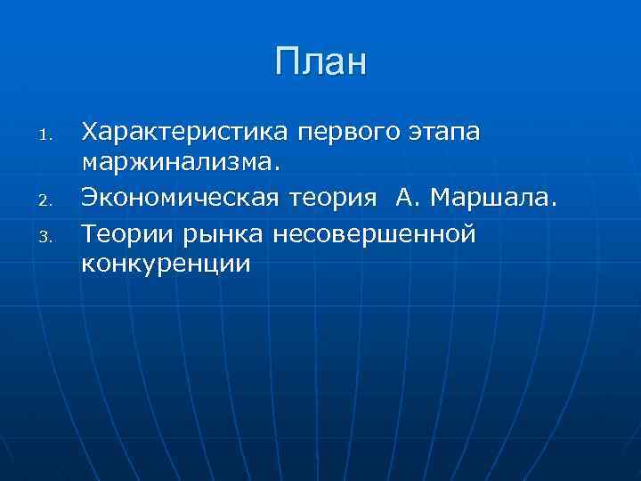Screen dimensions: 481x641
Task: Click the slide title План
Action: (320, 63)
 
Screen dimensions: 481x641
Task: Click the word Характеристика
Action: (185, 133)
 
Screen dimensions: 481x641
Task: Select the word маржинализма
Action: (177, 166)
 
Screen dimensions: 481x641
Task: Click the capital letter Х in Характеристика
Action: (90, 133)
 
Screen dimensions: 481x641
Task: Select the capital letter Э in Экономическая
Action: (90, 199)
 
